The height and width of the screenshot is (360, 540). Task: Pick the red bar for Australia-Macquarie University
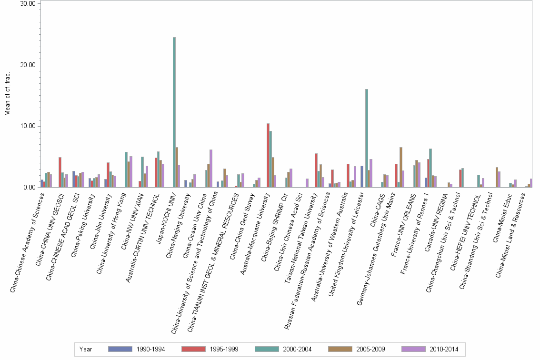[268, 155]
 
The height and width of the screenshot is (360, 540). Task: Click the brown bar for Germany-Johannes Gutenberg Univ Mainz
[401, 167]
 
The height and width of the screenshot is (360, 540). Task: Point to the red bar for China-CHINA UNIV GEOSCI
[60, 172]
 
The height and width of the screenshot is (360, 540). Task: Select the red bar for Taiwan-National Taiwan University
[316, 170]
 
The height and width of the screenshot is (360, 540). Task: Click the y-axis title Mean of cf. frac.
[7, 95]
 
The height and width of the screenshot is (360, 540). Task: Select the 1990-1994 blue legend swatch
[120, 349]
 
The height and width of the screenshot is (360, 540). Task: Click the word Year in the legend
[86, 349]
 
